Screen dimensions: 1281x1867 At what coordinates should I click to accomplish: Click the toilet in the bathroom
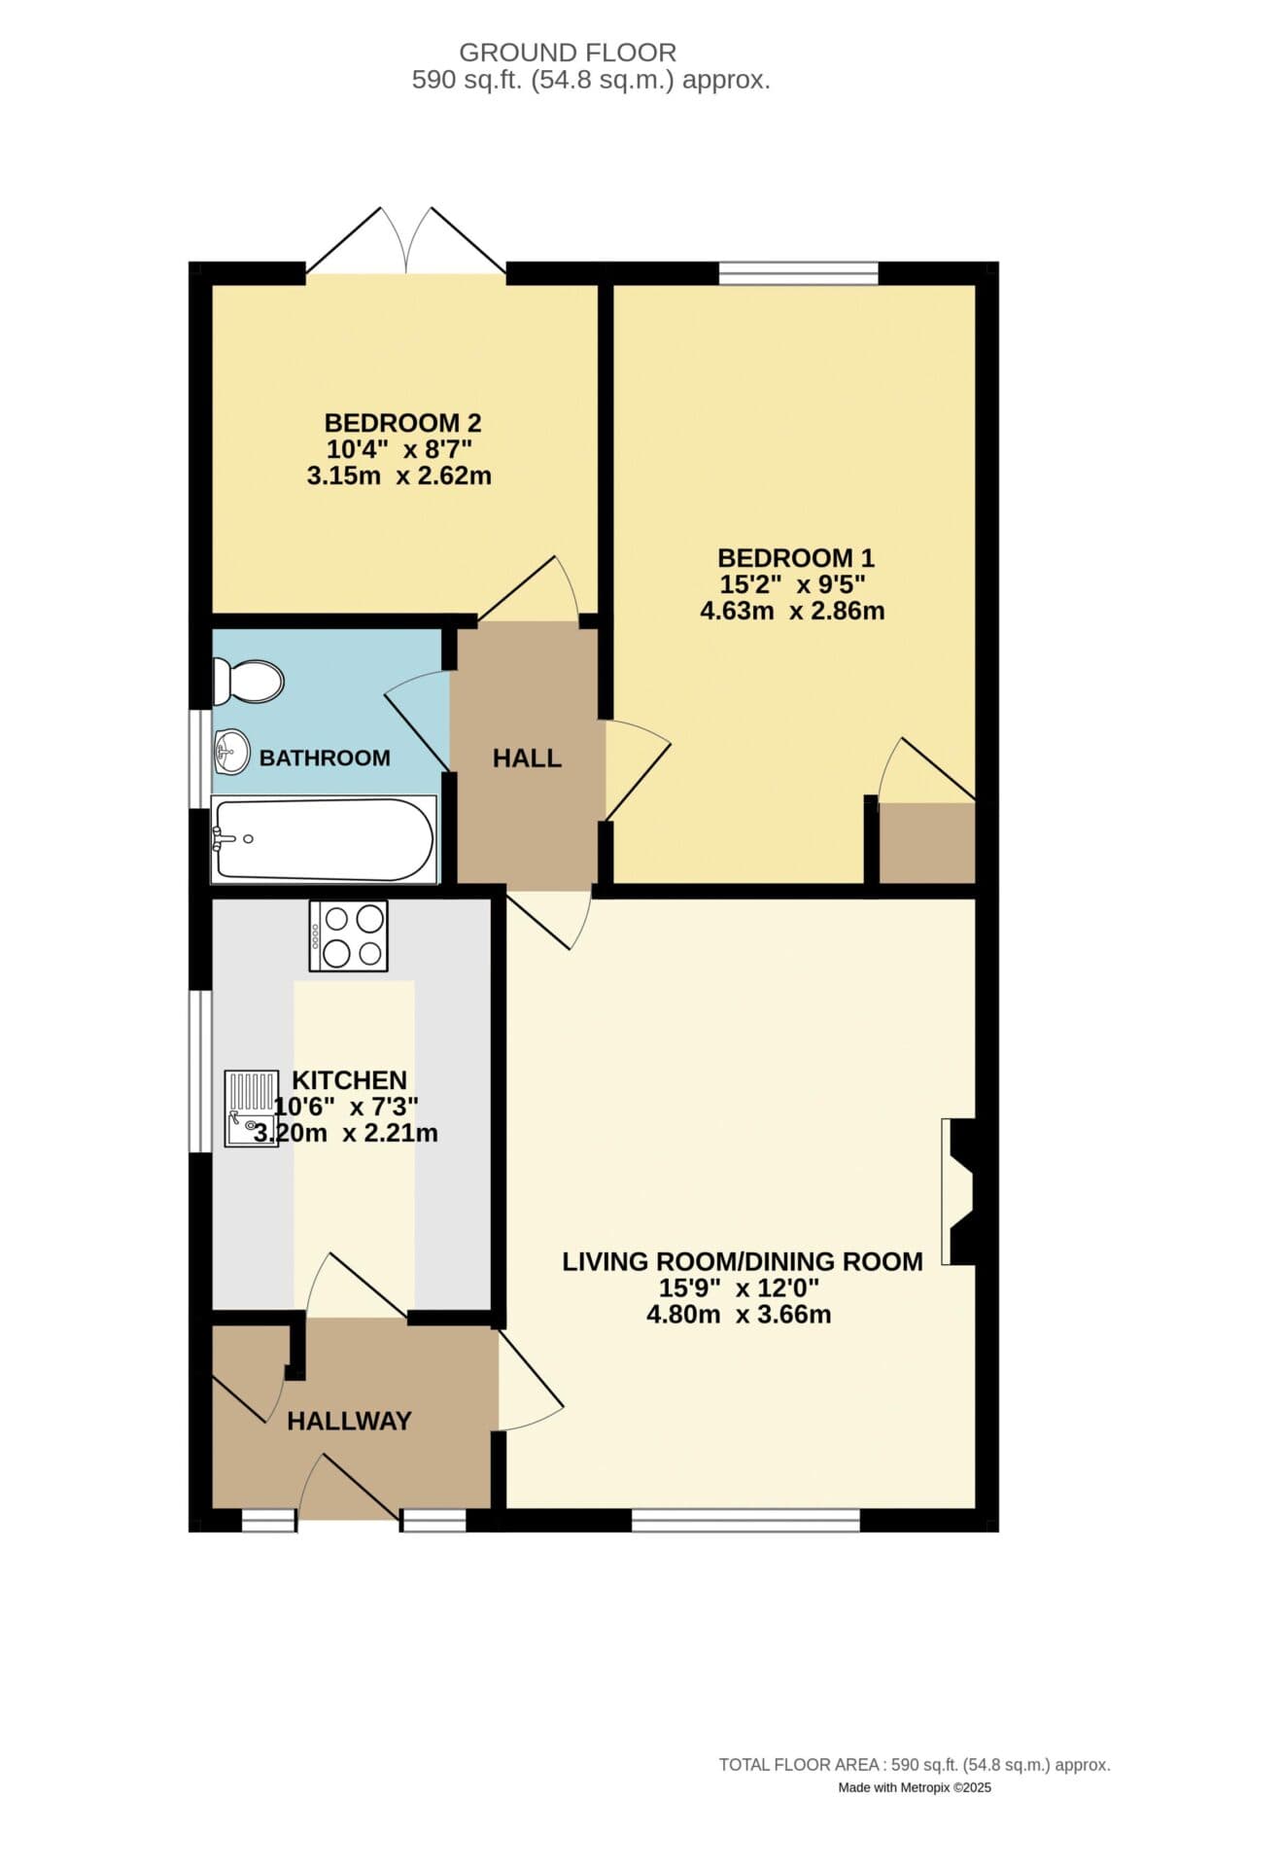[248, 682]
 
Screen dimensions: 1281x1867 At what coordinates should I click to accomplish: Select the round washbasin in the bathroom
[232, 753]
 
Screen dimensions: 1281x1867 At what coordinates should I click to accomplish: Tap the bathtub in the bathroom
[324, 839]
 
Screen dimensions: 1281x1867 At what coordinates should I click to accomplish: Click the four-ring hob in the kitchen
[348, 935]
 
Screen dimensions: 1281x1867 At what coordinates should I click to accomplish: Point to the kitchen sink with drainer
[251, 1109]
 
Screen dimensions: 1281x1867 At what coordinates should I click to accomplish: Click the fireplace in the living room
[959, 1191]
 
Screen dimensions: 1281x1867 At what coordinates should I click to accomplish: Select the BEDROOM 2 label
[402, 423]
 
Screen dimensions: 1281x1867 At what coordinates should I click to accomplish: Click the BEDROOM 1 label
[796, 558]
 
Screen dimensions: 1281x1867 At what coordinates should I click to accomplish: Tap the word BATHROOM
[325, 757]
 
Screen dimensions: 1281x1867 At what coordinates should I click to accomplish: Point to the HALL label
[527, 757]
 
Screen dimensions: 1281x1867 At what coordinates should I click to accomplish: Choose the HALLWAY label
[349, 1421]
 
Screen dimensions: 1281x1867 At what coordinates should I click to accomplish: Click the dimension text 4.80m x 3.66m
[739, 1315]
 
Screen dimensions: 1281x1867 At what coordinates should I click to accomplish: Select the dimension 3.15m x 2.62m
[398, 476]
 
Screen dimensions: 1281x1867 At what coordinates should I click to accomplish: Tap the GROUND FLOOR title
[568, 52]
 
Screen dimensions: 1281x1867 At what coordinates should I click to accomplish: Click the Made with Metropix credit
[915, 1787]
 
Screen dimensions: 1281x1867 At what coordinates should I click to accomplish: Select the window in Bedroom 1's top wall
[799, 273]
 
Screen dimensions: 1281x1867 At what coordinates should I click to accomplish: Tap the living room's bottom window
[745, 1520]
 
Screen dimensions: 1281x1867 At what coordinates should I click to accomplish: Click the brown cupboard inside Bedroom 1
[927, 843]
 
